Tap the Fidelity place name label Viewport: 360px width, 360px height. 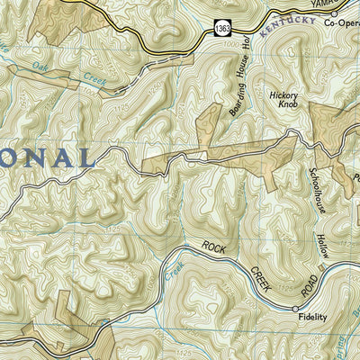click(311, 318)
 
